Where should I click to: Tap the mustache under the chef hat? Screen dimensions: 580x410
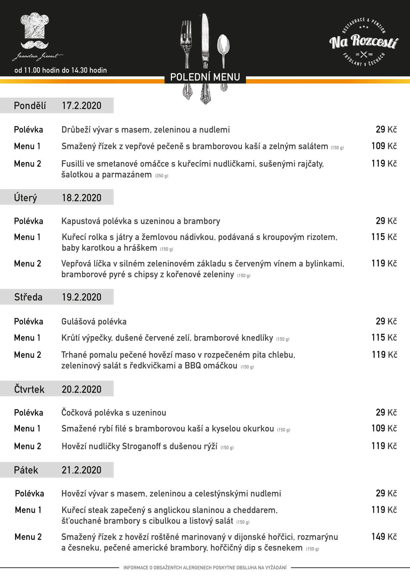coord(34,44)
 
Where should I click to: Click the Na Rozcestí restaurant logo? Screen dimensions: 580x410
coord(364,42)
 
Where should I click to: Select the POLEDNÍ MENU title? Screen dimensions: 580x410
coord(205,77)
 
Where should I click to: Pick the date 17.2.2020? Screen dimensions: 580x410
coord(82,105)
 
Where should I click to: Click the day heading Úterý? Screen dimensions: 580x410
coord(25,198)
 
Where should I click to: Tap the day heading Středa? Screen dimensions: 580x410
coord(28,297)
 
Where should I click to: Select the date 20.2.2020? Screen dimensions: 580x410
coord(82,389)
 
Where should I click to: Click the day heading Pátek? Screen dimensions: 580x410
coord(26,470)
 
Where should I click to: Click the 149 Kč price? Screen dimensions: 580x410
coord(384,536)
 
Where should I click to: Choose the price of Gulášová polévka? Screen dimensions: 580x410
coord(386,321)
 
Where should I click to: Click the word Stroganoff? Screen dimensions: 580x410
coord(141,446)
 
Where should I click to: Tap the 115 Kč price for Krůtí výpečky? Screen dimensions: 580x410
coord(384,337)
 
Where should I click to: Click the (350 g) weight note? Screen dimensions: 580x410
coord(162,176)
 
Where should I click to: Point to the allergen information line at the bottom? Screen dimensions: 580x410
coord(205,567)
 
